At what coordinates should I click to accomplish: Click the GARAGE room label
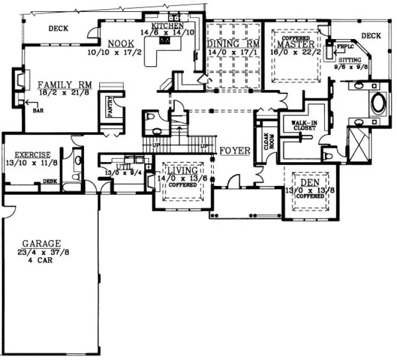41,243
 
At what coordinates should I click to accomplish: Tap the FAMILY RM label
65,85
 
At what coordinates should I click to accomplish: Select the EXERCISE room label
33,155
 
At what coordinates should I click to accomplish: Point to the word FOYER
235,150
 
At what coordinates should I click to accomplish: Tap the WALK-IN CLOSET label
304,125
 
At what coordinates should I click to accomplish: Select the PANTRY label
110,106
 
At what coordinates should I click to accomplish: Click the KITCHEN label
168,25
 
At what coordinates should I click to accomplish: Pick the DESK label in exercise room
50,181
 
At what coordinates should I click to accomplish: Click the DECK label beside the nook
58,29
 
